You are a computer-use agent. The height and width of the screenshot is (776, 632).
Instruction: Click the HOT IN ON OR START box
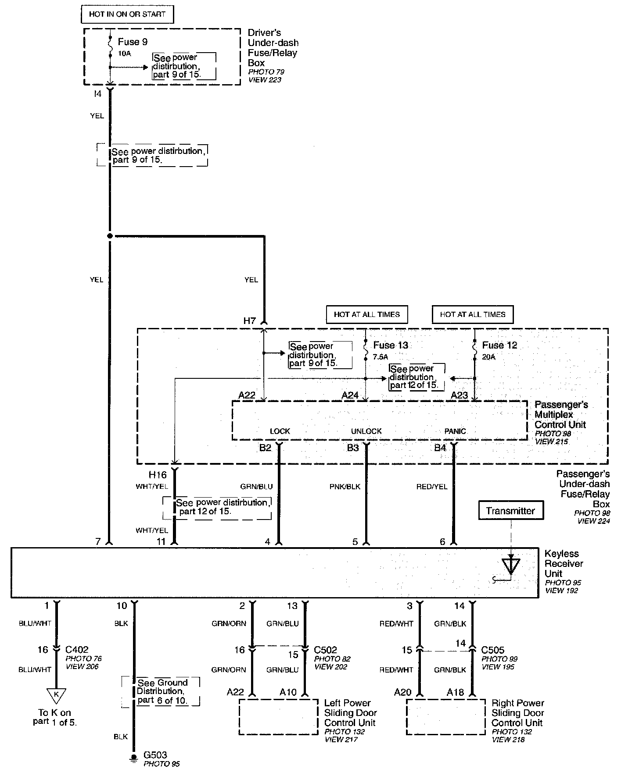point(127,14)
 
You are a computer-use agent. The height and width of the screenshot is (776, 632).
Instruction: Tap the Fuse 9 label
point(133,42)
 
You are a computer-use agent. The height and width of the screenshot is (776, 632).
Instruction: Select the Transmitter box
point(510,511)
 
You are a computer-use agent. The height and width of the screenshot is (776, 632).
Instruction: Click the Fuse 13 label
point(391,345)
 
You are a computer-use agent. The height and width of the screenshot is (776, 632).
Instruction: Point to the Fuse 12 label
point(499,345)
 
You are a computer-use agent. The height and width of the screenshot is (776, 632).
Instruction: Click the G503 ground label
point(155,755)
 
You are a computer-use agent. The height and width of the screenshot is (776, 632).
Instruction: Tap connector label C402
point(77,650)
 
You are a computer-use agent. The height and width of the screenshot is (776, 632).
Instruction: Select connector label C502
point(326,650)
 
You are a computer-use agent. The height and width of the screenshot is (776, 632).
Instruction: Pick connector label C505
point(493,650)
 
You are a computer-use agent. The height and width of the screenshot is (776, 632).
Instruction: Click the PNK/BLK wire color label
point(345,487)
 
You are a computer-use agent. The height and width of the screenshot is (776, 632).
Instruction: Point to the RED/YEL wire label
point(432,487)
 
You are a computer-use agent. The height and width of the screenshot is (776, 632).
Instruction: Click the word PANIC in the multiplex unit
point(455,431)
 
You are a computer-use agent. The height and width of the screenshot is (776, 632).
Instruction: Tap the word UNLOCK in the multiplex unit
point(366,431)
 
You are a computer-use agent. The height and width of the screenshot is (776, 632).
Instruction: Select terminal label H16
point(158,475)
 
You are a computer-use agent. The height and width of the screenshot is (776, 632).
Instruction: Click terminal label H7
point(249,321)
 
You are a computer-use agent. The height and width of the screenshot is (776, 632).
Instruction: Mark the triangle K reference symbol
point(56,695)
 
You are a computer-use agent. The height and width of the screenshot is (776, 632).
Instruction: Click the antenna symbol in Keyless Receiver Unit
point(510,566)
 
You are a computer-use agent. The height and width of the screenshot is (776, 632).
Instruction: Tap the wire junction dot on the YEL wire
point(110,236)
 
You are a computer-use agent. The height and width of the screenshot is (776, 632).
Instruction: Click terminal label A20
point(402,692)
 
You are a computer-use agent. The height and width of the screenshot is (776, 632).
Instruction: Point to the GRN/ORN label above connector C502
point(229,623)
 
